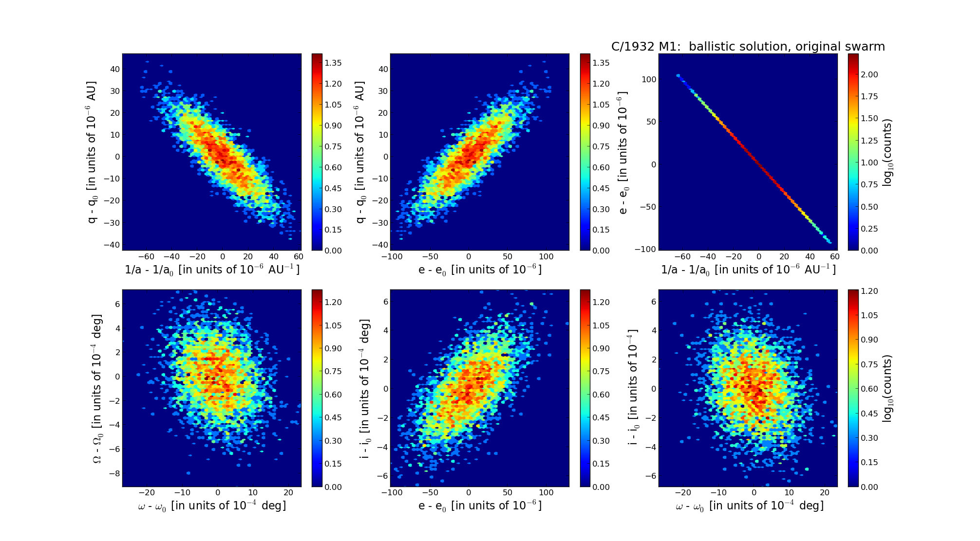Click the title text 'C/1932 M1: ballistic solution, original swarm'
pyautogui.click(x=748, y=47)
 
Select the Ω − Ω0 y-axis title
pyautogui.click(x=97, y=388)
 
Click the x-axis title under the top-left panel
pyautogui.click(x=212, y=270)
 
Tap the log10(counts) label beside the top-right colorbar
pyautogui.click(x=887, y=152)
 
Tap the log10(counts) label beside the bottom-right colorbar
pyautogui.click(x=887, y=388)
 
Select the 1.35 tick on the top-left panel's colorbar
pyautogui.click(x=333, y=63)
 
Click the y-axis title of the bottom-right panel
pyautogui.click(x=633, y=388)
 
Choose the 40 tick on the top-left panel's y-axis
pyautogui.click(x=115, y=69)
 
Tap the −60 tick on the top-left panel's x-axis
pyautogui.click(x=146, y=257)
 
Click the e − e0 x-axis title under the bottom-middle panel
pyautogui.click(x=480, y=506)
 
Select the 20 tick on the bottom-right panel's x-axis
pyautogui.click(x=824, y=493)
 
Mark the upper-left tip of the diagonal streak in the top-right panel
pyautogui.click(x=678, y=75)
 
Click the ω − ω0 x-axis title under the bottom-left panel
pyautogui.click(x=212, y=506)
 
